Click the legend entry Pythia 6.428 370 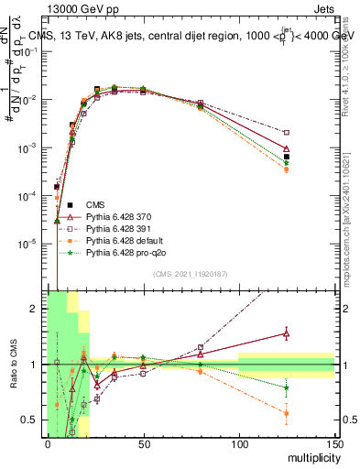(x=118, y=215)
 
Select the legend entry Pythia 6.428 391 (x=118, y=227)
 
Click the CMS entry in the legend (x=95, y=203)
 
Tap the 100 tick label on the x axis (x=239, y=443)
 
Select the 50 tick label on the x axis (x=143, y=443)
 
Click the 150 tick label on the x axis (x=334, y=443)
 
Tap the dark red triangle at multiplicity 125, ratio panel (x=287, y=333)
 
